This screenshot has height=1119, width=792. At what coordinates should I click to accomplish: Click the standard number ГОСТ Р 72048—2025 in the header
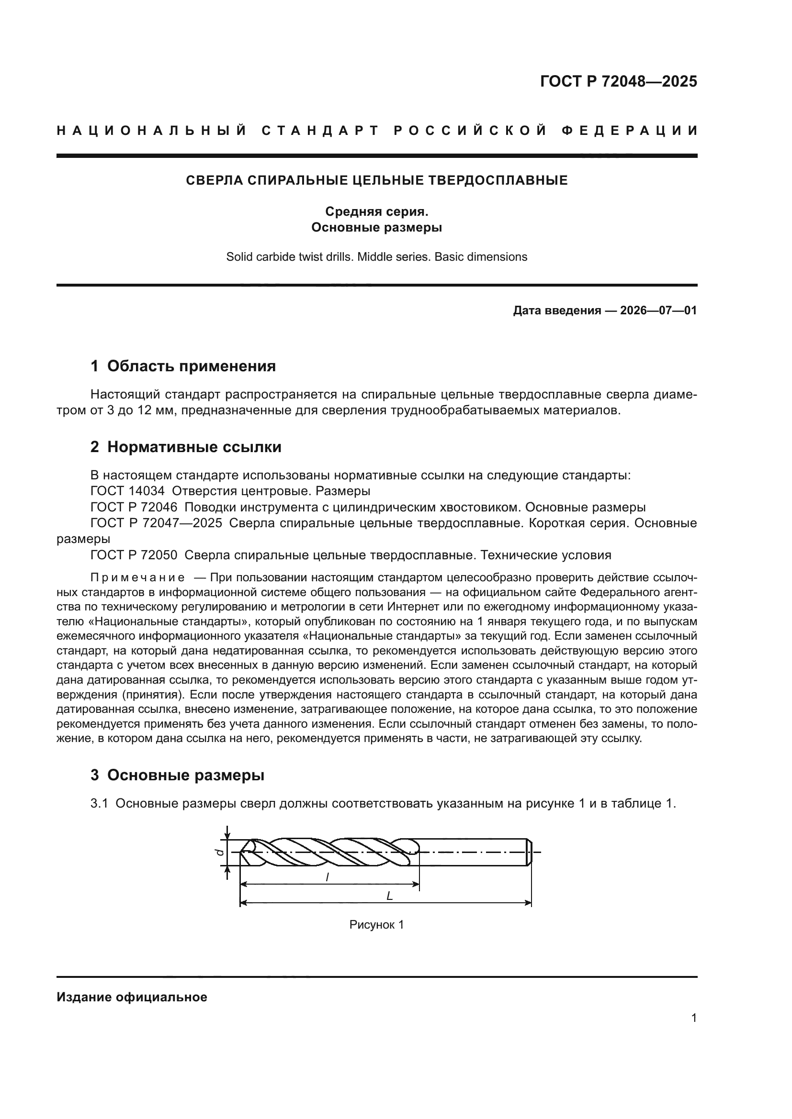point(618,81)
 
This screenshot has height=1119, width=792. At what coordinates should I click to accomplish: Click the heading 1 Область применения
point(183,366)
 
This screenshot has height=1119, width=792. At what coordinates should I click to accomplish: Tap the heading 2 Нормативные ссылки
point(186,447)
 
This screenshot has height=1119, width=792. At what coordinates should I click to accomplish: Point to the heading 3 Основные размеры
point(178,775)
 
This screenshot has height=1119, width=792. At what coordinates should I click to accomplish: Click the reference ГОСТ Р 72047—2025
point(156,523)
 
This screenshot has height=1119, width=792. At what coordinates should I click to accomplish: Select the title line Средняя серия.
point(376,211)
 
